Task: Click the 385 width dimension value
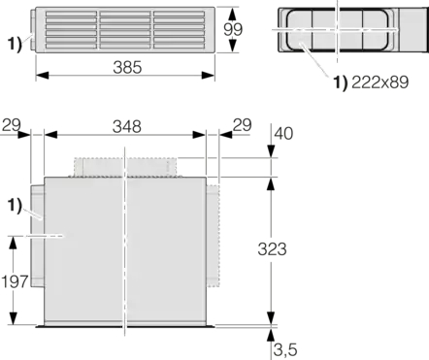click(x=127, y=67)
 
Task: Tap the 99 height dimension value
click(x=233, y=29)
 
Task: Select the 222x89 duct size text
click(x=379, y=82)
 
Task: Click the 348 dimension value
click(x=127, y=126)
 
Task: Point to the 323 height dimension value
click(x=272, y=249)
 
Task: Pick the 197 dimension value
click(x=15, y=281)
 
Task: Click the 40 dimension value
click(x=283, y=133)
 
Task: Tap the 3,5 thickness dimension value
click(x=285, y=349)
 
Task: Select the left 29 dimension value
click(x=12, y=125)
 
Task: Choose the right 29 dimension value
click(x=242, y=125)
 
